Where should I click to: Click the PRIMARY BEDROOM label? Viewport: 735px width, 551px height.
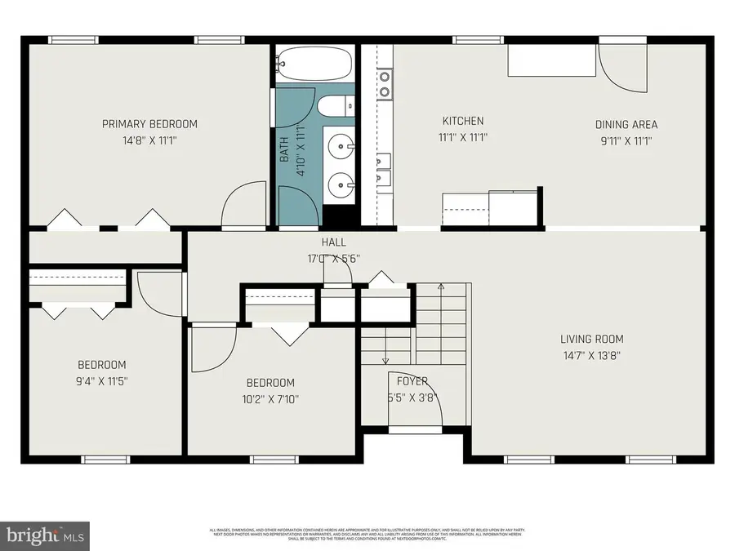[x=149, y=124]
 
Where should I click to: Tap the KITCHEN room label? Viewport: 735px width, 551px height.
[x=463, y=121]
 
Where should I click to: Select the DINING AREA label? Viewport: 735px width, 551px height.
[x=626, y=125]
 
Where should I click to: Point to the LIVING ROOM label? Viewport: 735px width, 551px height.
[x=592, y=339]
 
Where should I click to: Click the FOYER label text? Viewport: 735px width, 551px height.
[x=412, y=381]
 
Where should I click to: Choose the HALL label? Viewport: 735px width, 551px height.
[x=333, y=242]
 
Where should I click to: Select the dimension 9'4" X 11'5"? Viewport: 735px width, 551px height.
[x=102, y=380]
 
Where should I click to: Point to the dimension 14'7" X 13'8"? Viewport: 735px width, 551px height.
[x=592, y=355]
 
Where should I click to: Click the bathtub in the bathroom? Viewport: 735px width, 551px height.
[x=314, y=63]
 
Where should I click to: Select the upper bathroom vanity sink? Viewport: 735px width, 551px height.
[x=341, y=148]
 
